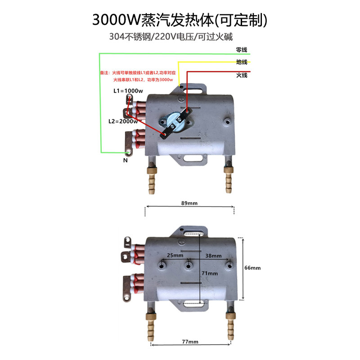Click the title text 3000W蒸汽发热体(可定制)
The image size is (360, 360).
(x=180, y=20)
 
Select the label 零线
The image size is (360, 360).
(x=242, y=50)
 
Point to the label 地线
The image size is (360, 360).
(x=242, y=62)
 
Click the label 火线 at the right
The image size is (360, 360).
(x=242, y=76)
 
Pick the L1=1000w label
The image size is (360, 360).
(x=127, y=91)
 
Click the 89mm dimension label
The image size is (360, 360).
(x=189, y=203)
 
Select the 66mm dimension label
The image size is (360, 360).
(x=252, y=268)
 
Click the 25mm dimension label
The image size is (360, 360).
(x=175, y=255)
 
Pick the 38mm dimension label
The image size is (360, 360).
(x=214, y=255)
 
